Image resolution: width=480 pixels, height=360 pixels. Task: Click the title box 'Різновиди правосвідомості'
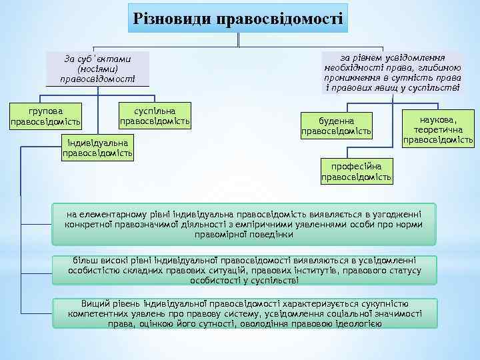pos(239,17)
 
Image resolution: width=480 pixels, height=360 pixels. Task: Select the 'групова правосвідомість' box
pos(46,115)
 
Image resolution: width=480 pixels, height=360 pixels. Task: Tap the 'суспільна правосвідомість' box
pos(155,115)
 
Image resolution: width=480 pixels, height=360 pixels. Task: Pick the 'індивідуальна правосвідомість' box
pos(97,147)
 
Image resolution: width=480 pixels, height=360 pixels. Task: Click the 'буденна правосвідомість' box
pos(336,125)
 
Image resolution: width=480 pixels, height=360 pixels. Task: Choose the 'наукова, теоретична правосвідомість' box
pos(438,127)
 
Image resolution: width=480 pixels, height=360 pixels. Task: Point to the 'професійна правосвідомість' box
pos(357,171)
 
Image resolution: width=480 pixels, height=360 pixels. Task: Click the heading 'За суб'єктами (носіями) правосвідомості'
pos(97,69)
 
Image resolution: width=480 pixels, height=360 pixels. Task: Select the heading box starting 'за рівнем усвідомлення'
pos(392,71)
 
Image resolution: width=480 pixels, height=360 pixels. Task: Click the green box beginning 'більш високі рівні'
pos(245,269)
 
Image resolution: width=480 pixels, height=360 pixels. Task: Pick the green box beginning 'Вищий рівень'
pos(245,313)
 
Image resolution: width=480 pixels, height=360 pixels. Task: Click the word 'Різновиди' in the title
pos(170,17)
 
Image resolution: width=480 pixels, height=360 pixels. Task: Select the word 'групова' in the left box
pos(46,109)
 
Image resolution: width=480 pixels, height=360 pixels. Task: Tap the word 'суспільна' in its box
pos(155,109)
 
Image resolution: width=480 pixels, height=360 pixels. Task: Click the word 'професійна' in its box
pos(357,165)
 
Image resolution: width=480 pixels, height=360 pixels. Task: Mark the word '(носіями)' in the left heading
pos(97,69)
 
